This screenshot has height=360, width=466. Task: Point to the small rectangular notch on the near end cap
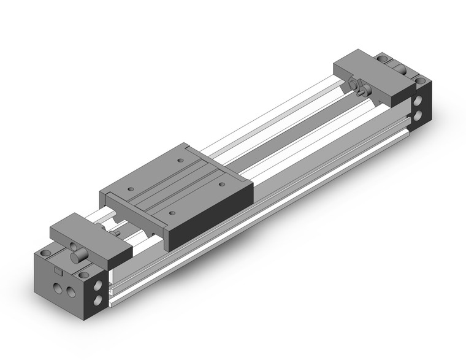pyautogui.click(x=58, y=270)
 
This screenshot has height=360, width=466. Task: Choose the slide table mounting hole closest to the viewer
pyautogui.click(x=172, y=212)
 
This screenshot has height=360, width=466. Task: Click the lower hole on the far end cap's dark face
pyautogui.click(x=421, y=114)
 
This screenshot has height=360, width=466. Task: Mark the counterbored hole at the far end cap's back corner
pyautogui.click(x=384, y=58)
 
